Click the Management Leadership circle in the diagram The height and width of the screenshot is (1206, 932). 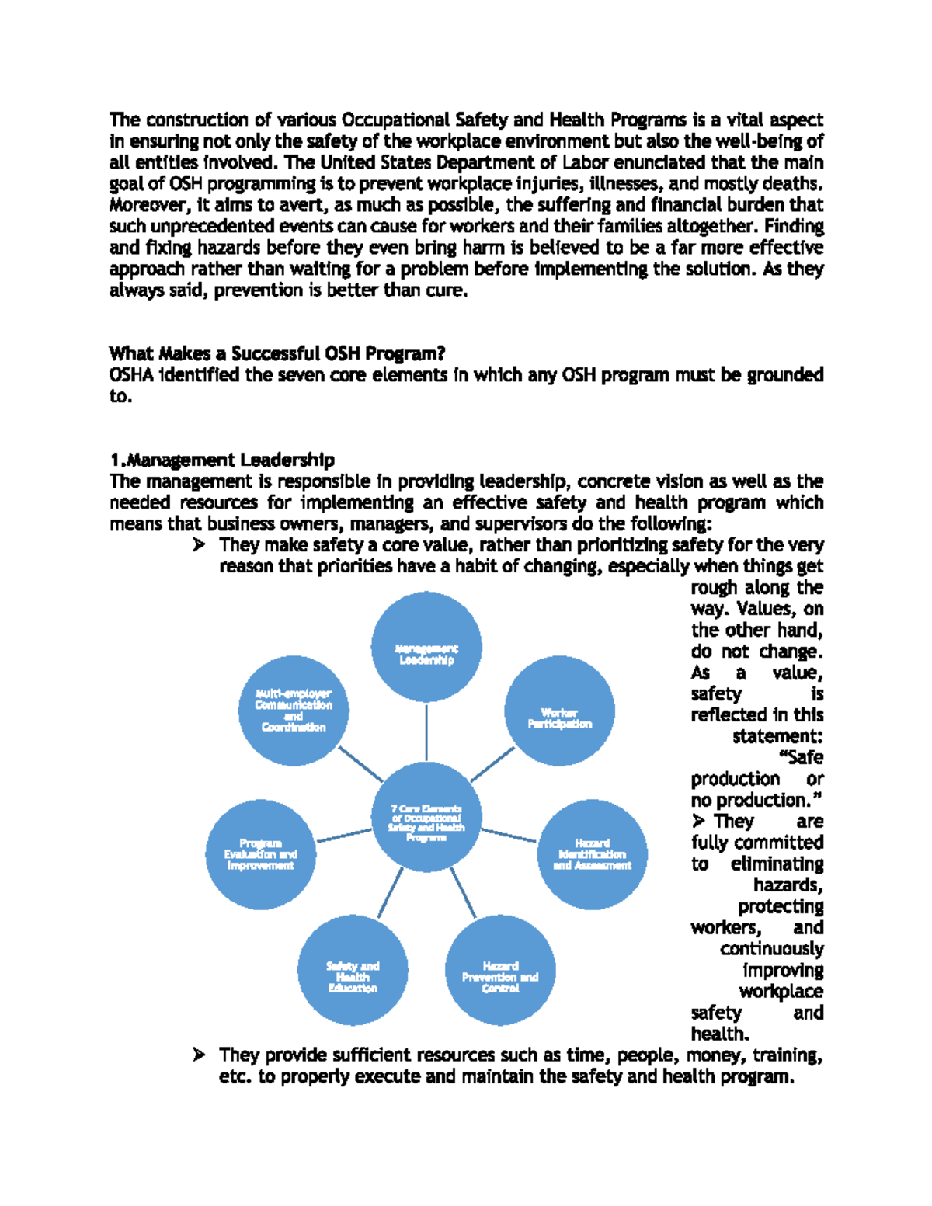point(426,646)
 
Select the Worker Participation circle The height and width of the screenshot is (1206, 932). point(559,711)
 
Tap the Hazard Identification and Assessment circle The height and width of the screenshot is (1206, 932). point(592,855)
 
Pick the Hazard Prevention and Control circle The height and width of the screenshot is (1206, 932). point(500,971)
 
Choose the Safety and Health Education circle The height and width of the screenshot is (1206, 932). point(353,971)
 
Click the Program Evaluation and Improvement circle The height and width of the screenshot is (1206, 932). point(261,855)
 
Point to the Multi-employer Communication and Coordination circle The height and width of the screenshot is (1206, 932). point(294,711)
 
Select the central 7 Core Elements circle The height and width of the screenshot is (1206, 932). point(426,816)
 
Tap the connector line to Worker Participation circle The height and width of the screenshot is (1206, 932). point(492,764)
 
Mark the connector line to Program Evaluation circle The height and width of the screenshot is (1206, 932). point(344,836)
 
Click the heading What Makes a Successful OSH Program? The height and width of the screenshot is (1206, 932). point(277,354)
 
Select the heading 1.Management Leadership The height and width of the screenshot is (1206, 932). point(222,461)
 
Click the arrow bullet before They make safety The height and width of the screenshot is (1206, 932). point(199,545)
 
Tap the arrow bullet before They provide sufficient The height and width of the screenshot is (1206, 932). point(199,1055)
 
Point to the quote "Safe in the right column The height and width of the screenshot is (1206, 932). point(800,758)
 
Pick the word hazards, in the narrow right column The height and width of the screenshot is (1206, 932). point(788,885)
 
